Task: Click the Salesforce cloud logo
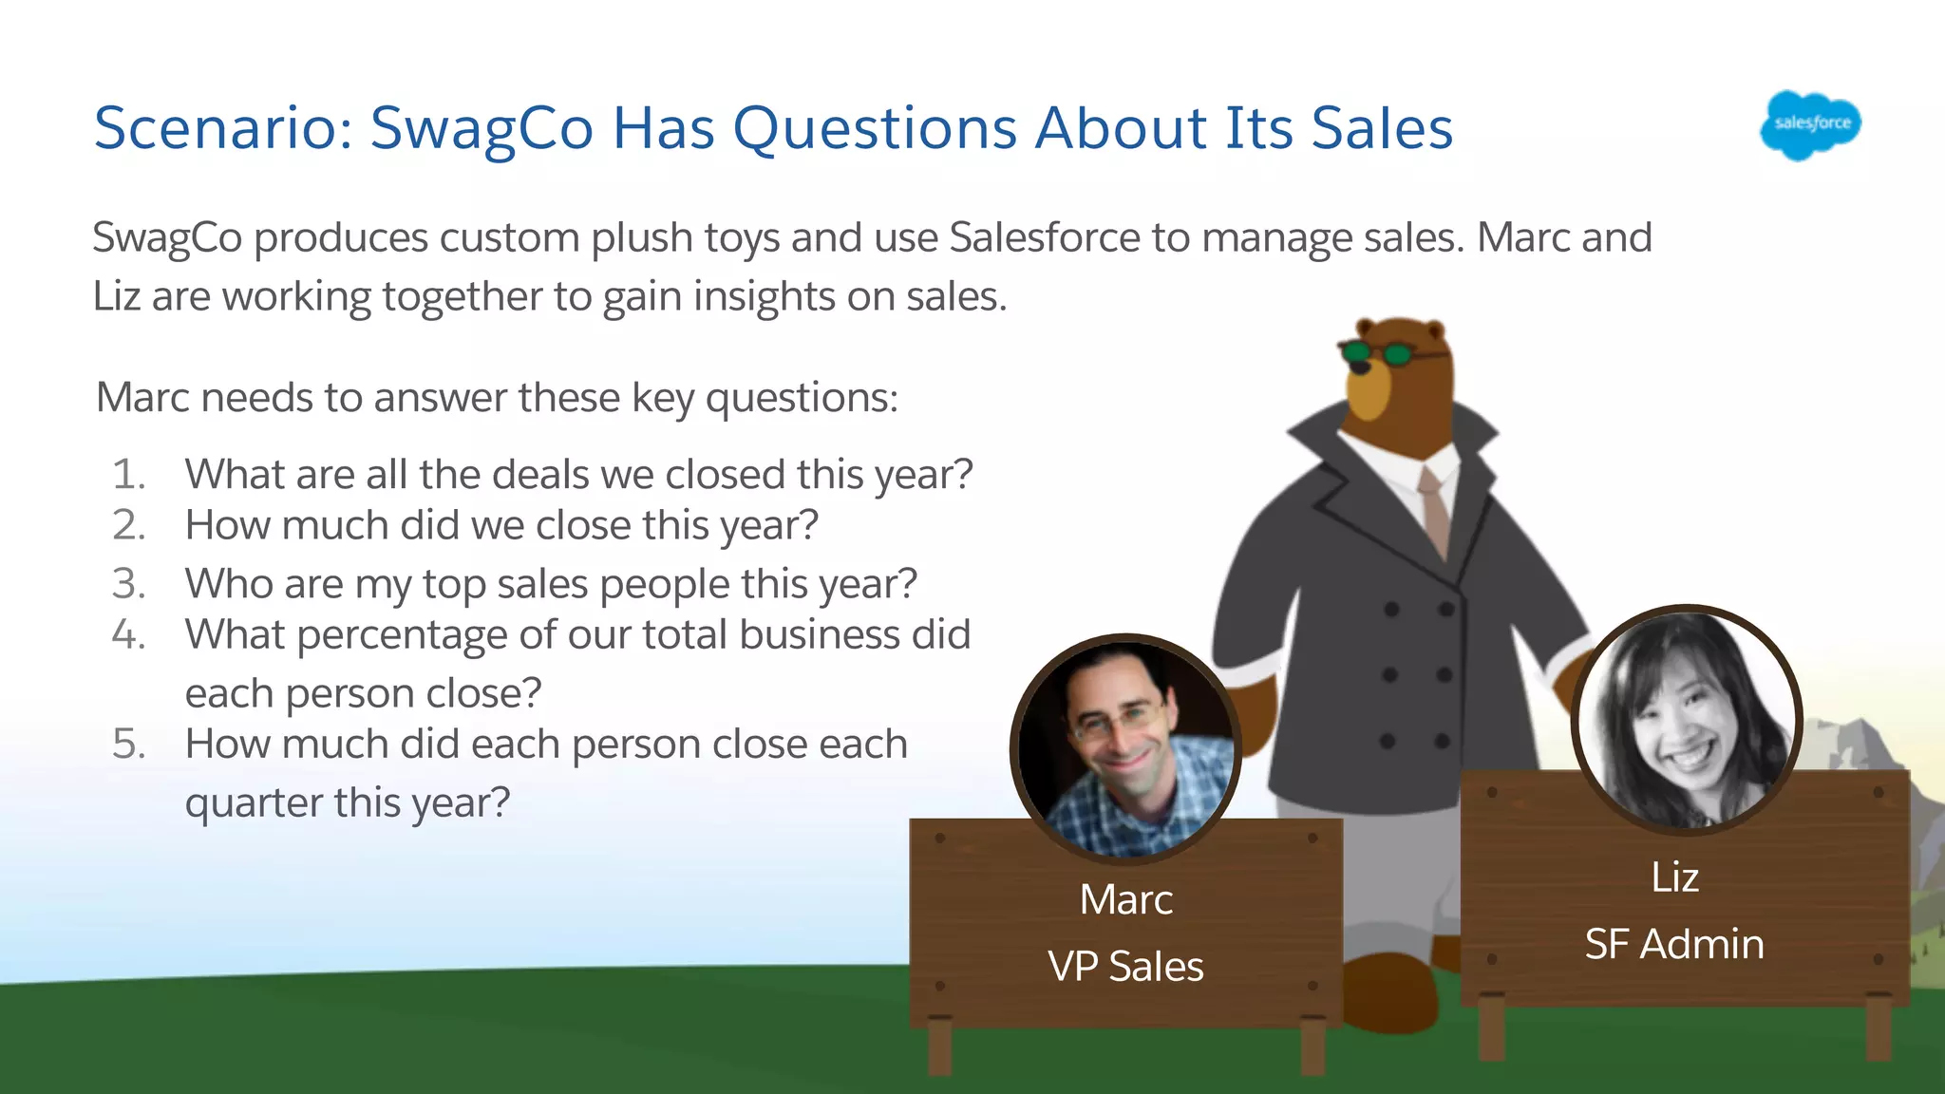(x=1810, y=124)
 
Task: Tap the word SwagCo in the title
(x=482, y=128)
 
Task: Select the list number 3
(x=128, y=583)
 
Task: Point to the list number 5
(x=128, y=744)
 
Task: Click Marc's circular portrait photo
(x=1125, y=749)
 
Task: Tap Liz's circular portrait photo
(x=1686, y=719)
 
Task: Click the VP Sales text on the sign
(x=1125, y=967)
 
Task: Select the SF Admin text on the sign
(x=1674, y=945)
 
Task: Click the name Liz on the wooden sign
(x=1674, y=877)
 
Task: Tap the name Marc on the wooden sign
(x=1125, y=899)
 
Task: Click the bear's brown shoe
(x=1387, y=992)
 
